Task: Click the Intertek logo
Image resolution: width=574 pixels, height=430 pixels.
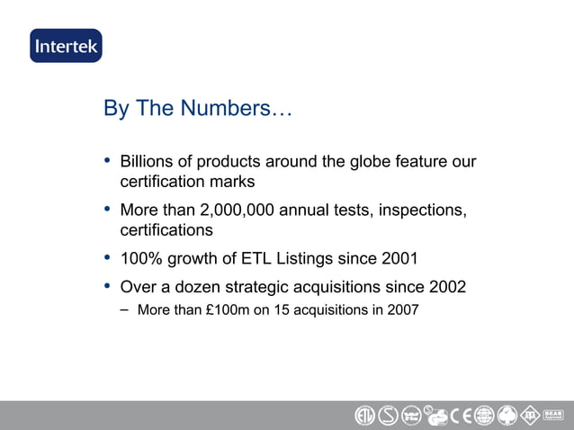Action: [66, 46]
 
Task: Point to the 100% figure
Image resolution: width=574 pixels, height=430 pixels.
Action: [139, 259]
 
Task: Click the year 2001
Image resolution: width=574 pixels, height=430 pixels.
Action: [399, 259]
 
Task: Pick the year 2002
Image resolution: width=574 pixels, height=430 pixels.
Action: [446, 288]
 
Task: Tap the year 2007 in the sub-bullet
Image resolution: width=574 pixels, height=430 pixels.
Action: [402, 311]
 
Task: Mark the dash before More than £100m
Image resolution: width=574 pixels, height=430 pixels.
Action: [123, 310]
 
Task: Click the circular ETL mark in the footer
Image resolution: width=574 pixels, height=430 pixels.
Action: [364, 417]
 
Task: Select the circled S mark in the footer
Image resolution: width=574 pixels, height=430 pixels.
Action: [388, 417]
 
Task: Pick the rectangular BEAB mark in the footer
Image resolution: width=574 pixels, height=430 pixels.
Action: [555, 417]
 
